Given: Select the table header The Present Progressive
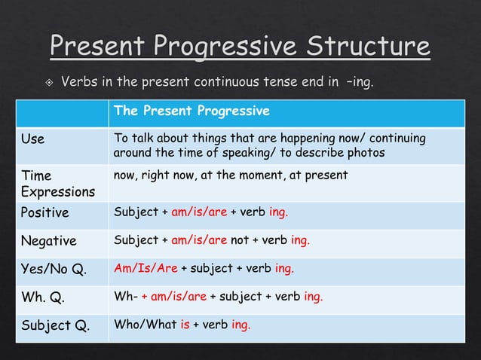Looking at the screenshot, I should (x=191, y=111).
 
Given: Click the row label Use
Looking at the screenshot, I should (x=32, y=139).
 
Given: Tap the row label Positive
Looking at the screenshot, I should (x=44, y=212).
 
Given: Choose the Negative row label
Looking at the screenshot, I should (x=48, y=241).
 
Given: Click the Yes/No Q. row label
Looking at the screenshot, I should (x=53, y=269).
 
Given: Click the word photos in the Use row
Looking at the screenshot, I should (x=365, y=153).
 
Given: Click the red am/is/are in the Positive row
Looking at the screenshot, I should (x=198, y=212).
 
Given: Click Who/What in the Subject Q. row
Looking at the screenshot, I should (x=145, y=325).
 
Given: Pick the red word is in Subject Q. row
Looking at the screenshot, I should (x=185, y=325).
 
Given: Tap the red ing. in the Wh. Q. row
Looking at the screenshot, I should (x=313, y=297).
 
